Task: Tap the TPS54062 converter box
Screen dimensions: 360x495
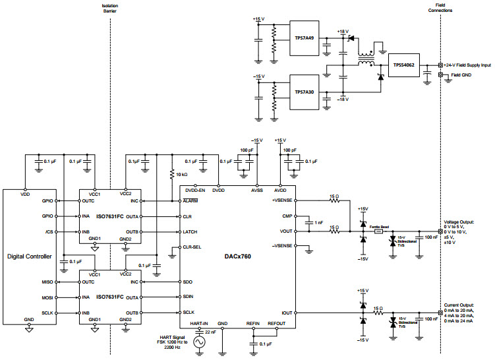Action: point(403,65)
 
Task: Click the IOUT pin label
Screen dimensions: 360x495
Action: point(287,313)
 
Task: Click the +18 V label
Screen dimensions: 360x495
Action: point(342,31)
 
